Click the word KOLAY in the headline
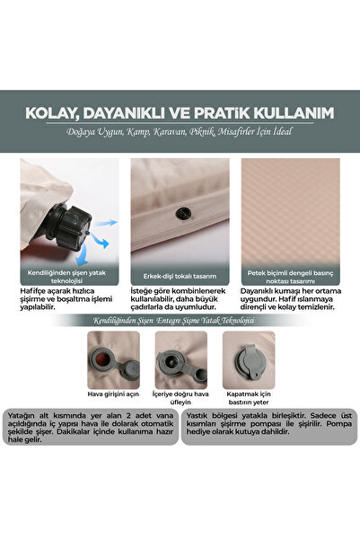tap(56, 114)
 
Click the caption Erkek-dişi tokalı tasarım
tap(180, 277)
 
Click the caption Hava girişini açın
tap(111, 394)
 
